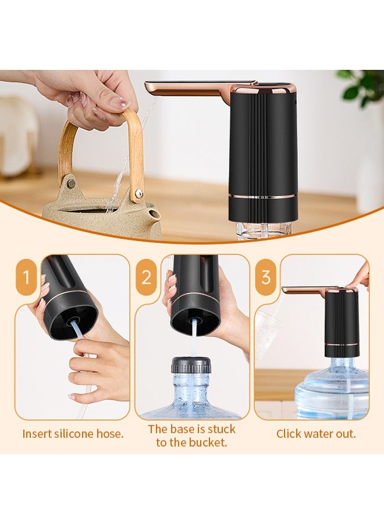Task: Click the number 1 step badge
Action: (x=26, y=277)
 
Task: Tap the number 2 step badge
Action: (x=146, y=277)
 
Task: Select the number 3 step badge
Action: (x=266, y=277)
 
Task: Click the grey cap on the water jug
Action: (x=191, y=365)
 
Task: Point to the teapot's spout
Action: (x=154, y=216)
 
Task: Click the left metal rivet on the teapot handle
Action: (x=70, y=183)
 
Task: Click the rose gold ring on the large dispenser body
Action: (x=263, y=196)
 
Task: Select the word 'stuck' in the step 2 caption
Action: (x=221, y=429)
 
